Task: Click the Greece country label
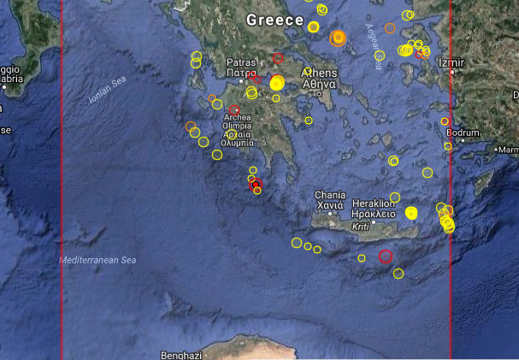(274, 20)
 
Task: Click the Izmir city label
(450, 63)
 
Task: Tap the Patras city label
(241, 63)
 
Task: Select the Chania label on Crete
(329, 195)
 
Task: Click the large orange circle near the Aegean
(338, 38)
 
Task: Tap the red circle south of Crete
(385, 256)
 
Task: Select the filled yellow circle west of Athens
(276, 83)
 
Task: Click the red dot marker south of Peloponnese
(255, 184)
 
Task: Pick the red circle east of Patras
(278, 58)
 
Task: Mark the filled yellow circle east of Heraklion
(411, 213)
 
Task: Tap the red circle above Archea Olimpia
(233, 110)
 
